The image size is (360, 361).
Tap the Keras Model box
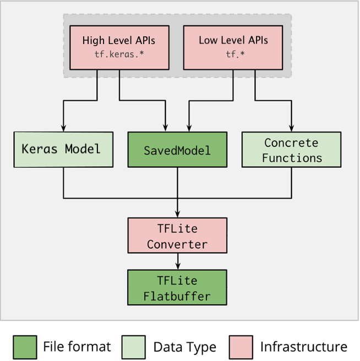pos(64,149)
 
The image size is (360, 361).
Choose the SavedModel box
pos(177,149)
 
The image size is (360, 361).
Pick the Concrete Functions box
pos(291,149)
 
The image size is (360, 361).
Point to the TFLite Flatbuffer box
pos(177,287)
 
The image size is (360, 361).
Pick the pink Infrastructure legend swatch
pos(239,347)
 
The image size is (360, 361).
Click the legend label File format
pos(77,347)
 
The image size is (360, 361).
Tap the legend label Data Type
pos(184,347)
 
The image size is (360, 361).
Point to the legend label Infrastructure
pos(303,347)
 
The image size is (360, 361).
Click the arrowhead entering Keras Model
pos(64,128)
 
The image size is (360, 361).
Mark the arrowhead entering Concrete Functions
pos(291,128)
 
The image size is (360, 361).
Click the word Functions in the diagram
pos(291,157)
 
